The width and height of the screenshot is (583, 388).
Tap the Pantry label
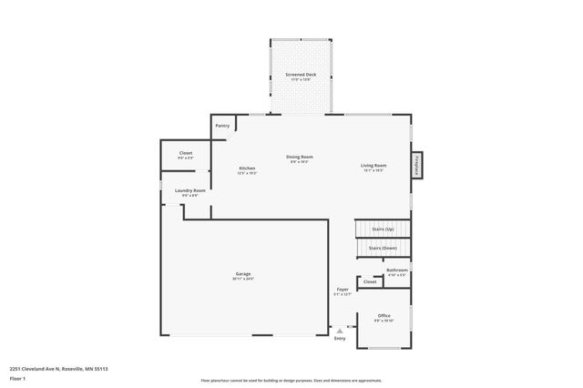(222, 126)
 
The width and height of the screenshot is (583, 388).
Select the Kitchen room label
(247, 168)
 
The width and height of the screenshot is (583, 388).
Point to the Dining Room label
(299, 157)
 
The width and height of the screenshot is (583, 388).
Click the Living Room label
(373, 167)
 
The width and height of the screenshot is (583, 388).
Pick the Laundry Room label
(190, 190)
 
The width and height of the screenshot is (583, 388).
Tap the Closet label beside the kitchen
(185, 153)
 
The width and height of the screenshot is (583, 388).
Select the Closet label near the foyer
(369, 281)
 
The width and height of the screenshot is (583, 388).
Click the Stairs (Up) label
(383, 229)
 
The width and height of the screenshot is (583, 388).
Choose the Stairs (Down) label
(383, 248)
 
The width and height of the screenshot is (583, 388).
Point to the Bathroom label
(396, 270)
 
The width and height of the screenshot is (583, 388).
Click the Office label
(384, 315)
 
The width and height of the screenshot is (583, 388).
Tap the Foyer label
(343, 289)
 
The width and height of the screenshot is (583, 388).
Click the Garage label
(243, 273)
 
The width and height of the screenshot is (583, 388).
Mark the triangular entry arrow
(339, 329)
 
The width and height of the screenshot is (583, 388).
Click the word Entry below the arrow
(340, 339)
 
